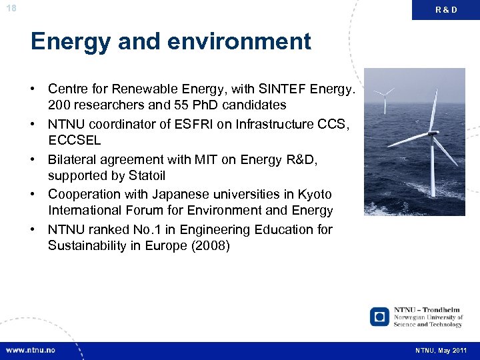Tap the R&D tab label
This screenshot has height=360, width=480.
(x=446, y=9)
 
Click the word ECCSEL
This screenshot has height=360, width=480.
(x=74, y=141)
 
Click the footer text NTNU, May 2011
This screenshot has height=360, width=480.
(x=441, y=350)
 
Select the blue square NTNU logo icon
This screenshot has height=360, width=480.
(x=379, y=316)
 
